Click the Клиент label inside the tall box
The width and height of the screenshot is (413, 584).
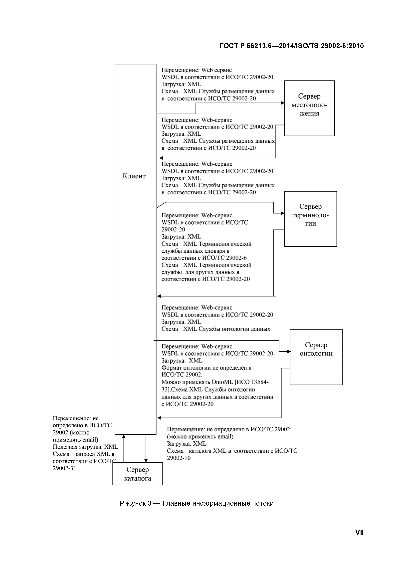pos(134,176)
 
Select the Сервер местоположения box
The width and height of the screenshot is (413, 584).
pos(309,108)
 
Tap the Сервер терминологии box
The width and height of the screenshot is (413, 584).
pos(310,219)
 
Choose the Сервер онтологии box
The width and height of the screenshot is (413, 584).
pos(316,357)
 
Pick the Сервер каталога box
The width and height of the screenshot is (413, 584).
pos(137,474)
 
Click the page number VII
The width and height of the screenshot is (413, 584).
pos(359,532)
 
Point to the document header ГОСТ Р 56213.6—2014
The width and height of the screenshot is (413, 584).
pos(291,46)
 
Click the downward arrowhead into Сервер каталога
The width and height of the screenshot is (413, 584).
pos(146,460)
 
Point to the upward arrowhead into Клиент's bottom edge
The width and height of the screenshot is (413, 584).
pos(124,437)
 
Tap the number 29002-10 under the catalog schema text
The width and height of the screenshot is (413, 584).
pos(179,458)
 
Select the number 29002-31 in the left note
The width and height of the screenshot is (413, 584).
pos(64,468)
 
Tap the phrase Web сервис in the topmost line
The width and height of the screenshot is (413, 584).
pos(216,70)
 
